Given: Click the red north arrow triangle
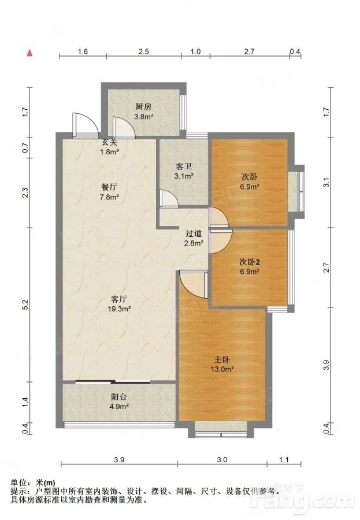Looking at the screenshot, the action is pyautogui.click(x=30, y=53).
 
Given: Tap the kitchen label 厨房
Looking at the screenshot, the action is pyautogui.click(x=143, y=107).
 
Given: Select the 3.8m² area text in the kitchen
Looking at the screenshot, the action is pyautogui.click(x=143, y=116).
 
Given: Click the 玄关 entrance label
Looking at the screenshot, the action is pyautogui.click(x=109, y=143).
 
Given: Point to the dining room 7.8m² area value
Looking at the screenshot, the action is pyautogui.click(x=110, y=196).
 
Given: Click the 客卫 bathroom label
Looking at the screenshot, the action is pyautogui.click(x=184, y=166).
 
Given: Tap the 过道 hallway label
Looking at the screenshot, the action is pyautogui.click(x=194, y=233).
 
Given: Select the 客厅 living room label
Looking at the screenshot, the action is pyautogui.click(x=118, y=299).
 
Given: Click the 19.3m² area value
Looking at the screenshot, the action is pyautogui.click(x=119, y=309).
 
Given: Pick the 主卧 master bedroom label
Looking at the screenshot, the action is pyautogui.click(x=222, y=359).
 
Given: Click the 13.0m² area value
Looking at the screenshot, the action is pyautogui.click(x=222, y=369).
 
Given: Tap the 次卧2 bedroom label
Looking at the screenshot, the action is pyautogui.click(x=250, y=262).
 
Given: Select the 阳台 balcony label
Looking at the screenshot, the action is pyautogui.click(x=119, y=396).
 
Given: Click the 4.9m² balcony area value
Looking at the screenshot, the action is pyautogui.click(x=119, y=406).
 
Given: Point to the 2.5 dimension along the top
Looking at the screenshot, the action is pyautogui.click(x=144, y=51).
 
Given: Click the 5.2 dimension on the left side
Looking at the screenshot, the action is pyautogui.click(x=25, y=304).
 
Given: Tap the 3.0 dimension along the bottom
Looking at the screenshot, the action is pyautogui.click(x=222, y=460).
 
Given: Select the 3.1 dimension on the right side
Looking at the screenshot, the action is pyautogui.click(x=326, y=183).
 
